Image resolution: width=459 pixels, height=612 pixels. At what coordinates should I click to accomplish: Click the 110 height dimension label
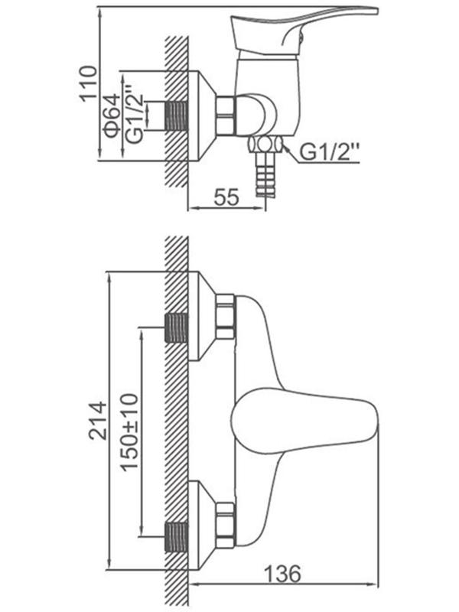pos(88,83)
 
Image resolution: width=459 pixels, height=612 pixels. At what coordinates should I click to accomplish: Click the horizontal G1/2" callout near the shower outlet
pos(330,151)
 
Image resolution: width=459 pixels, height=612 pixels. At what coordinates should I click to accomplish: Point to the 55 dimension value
pos(226,197)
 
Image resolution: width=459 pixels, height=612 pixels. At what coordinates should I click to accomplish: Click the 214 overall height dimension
pos(97,421)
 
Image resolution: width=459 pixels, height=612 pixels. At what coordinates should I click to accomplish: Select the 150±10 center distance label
pos(129,432)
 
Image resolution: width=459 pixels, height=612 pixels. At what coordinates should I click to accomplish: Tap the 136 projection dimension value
pos(282,573)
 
